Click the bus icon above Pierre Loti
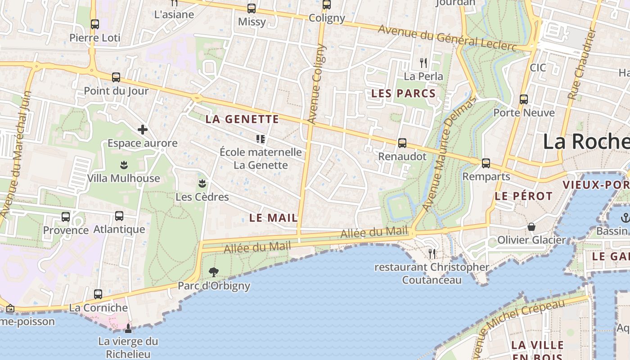tap(94, 24)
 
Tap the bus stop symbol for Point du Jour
tap(116, 77)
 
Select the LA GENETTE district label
tap(242, 119)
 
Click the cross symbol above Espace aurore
tap(143, 130)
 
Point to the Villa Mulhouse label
tap(123, 178)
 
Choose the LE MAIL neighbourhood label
tap(273, 218)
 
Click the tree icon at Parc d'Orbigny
tap(214, 272)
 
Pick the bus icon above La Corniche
tap(98, 294)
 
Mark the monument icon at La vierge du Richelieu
tap(128, 328)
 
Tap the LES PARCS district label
tap(403, 94)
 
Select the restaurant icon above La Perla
tap(423, 63)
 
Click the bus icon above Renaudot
tap(402, 143)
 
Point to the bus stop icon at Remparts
tap(486, 163)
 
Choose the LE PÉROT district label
tap(523, 196)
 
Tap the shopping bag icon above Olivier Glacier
tap(531, 226)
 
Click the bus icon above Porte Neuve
tap(523, 99)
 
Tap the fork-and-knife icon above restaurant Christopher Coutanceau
tap(432, 254)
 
